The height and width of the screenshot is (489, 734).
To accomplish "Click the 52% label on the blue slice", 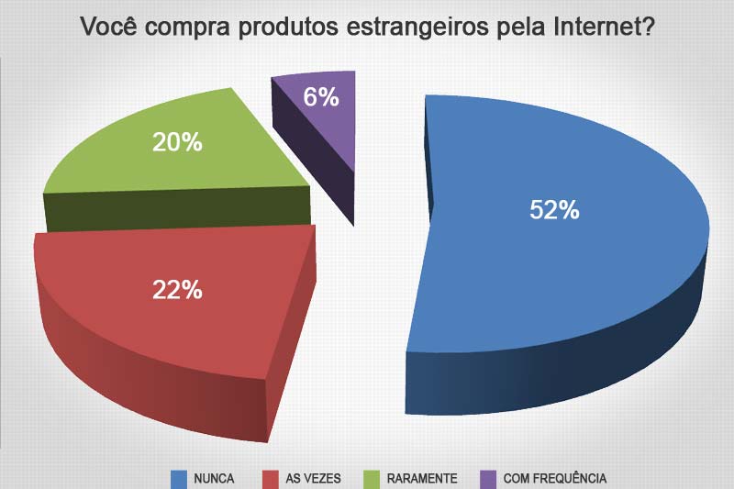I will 554,210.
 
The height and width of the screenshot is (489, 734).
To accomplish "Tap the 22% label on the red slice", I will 177,290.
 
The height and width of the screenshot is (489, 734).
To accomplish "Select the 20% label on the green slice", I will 178,142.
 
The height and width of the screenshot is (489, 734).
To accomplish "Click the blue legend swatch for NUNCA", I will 179,478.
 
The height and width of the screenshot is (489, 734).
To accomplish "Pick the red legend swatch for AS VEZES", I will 271,478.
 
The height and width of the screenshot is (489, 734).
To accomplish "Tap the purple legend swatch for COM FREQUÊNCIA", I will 488,478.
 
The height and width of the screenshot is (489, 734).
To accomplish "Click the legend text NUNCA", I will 214,479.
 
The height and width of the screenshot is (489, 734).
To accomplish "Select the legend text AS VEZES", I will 314,479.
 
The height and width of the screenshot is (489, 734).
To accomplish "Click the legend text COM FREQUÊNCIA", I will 555,479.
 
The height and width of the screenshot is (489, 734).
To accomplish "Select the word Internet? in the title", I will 604,27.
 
